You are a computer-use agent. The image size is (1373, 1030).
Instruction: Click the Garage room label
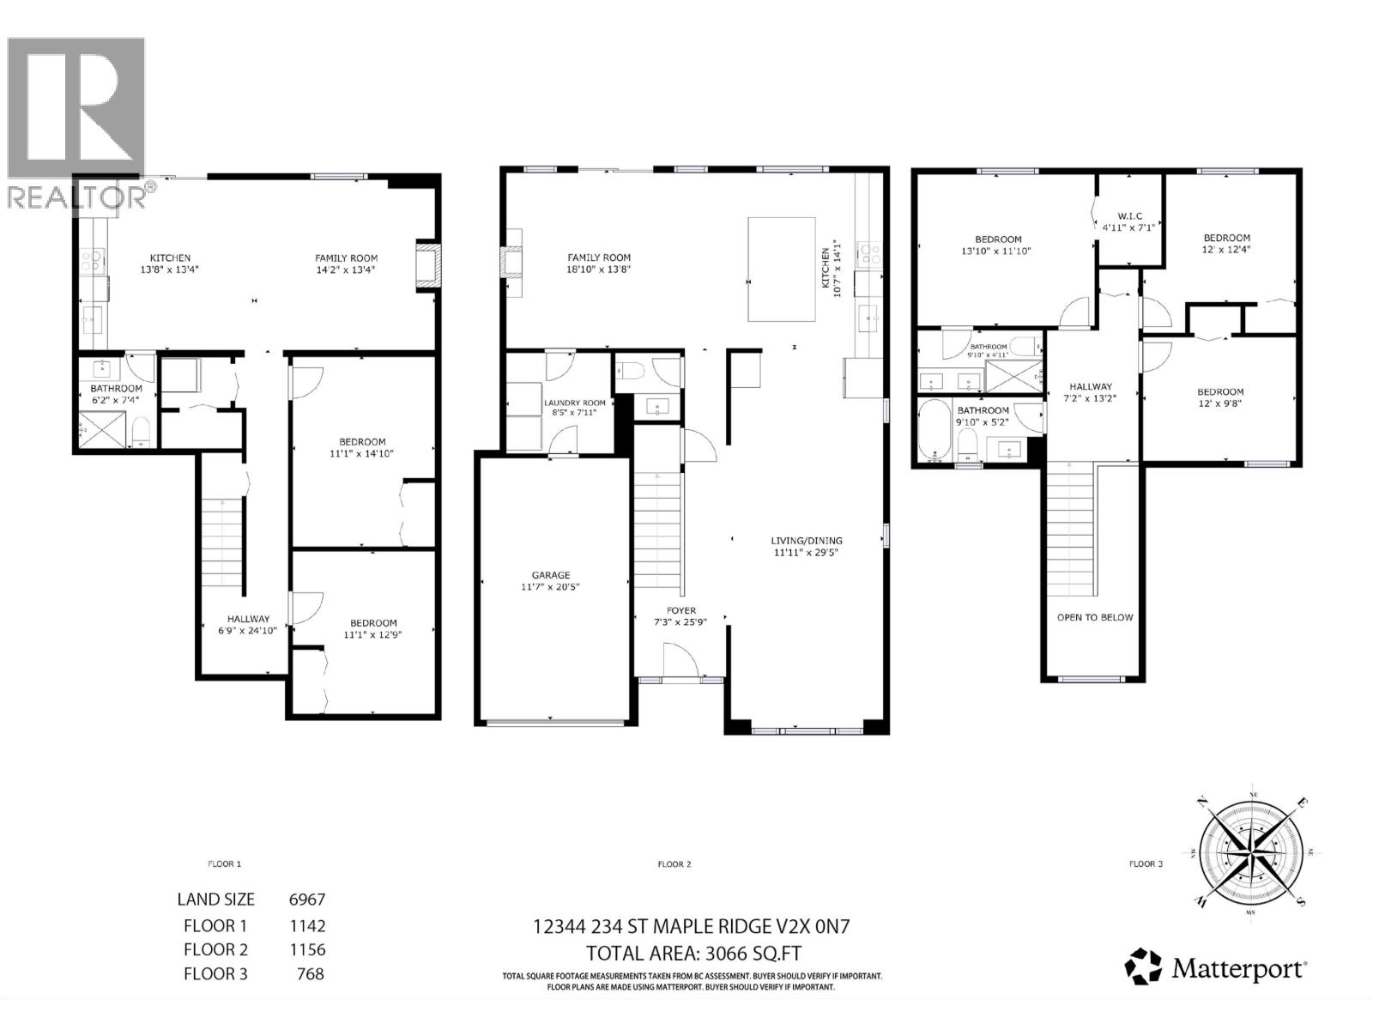[550, 575]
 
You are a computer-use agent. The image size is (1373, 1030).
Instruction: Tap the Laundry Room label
[574, 403]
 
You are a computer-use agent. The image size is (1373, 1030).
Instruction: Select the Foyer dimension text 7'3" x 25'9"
[681, 622]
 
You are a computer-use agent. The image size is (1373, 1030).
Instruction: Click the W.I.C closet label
[1129, 216]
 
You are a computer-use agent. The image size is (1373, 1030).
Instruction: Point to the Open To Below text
[1094, 617]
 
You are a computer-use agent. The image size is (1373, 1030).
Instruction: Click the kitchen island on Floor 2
[781, 269]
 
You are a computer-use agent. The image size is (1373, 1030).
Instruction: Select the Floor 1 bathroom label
[117, 388]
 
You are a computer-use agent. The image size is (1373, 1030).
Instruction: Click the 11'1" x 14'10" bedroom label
[361, 442]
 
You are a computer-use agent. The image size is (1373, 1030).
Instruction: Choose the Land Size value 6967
[306, 900]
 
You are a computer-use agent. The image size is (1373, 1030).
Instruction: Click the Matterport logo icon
[1144, 966]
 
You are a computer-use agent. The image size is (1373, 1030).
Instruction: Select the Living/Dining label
[806, 541]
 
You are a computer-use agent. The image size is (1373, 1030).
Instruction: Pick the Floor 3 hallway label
[1090, 386]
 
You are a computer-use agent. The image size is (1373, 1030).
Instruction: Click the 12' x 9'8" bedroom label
[1219, 391]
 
